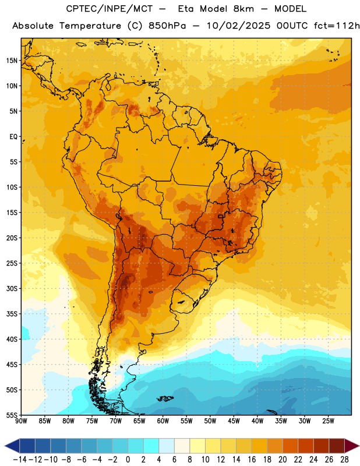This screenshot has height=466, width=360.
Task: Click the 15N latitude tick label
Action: (x=12, y=61)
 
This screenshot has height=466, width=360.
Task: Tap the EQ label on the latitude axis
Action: (x=13, y=137)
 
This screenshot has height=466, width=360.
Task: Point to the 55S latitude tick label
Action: (x=12, y=415)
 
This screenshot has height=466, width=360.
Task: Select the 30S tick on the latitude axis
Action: (x=12, y=288)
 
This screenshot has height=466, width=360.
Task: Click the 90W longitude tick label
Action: (x=21, y=421)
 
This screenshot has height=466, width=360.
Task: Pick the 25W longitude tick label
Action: (x=328, y=421)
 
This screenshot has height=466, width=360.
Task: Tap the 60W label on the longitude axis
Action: (x=163, y=421)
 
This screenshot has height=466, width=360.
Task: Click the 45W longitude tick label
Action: (x=234, y=421)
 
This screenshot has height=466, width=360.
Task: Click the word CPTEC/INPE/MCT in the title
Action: (x=110, y=9)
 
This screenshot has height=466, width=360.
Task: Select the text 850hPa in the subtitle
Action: (x=167, y=26)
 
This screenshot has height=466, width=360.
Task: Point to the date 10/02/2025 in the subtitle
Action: (x=239, y=26)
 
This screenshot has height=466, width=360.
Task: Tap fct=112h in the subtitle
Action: (x=337, y=26)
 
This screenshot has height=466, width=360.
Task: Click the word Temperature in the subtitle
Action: (x=90, y=26)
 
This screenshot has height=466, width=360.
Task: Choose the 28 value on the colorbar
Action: (x=344, y=460)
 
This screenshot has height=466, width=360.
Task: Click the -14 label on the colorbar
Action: (x=20, y=460)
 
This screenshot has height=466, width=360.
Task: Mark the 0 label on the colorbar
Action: (x=128, y=460)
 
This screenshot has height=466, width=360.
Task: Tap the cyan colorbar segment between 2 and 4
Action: (x=151, y=446)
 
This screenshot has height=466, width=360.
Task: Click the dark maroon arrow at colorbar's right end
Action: (x=351, y=446)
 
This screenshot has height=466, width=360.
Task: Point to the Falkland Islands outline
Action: (x=165, y=398)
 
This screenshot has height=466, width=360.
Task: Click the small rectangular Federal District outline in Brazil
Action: (x=220, y=216)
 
